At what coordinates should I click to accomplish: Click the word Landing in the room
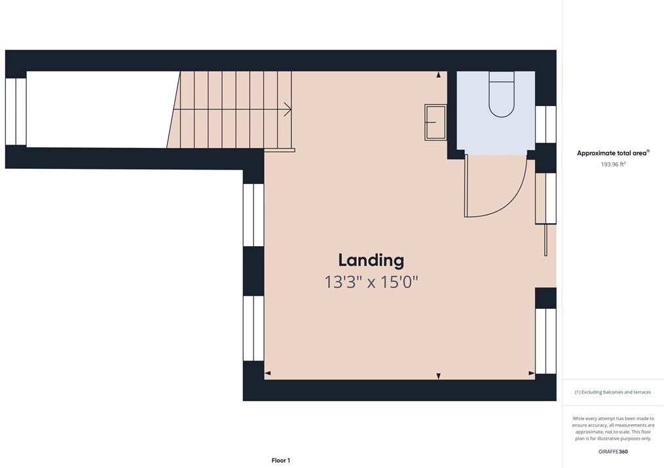[x=371, y=260]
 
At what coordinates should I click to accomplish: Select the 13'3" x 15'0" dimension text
[x=371, y=282]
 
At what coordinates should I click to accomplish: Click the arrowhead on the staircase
[x=287, y=109]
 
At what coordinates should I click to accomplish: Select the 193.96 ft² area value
[x=613, y=164]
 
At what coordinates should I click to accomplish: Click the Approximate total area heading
[x=612, y=153]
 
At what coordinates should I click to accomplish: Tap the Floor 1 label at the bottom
[x=280, y=460]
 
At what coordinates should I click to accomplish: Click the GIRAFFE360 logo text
[x=613, y=452]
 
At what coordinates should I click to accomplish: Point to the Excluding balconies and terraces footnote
[x=613, y=392]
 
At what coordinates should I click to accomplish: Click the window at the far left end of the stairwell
[x=16, y=111]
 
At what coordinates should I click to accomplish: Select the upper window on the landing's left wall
[x=253, y=215]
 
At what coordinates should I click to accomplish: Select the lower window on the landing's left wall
[x=253, y=328]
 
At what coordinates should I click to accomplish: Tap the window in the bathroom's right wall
[x=545, y=124]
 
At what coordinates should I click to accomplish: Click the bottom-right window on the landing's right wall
[x=545, y=340]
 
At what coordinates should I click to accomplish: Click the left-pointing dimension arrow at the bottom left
[x=268, y=374]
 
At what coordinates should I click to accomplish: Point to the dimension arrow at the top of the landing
[x=438, y=75]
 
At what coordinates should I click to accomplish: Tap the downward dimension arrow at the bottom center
[x=438, y=376]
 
